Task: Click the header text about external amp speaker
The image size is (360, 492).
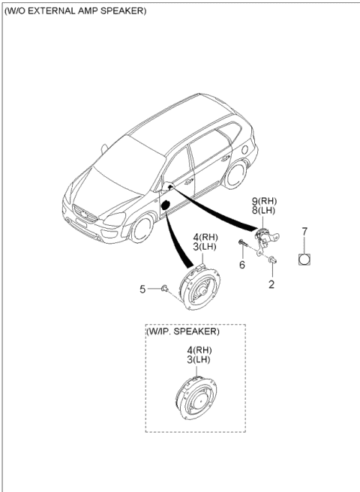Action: [x=75, y=12]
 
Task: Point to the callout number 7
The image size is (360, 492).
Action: [x=305, y=232]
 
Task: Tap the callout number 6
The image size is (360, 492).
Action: [x=242, y=265]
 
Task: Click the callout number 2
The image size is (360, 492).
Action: [x=271, y=284]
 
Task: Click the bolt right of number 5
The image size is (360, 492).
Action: [x=163, y=287]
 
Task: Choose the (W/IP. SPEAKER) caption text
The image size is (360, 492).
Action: [x=183, y=331]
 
